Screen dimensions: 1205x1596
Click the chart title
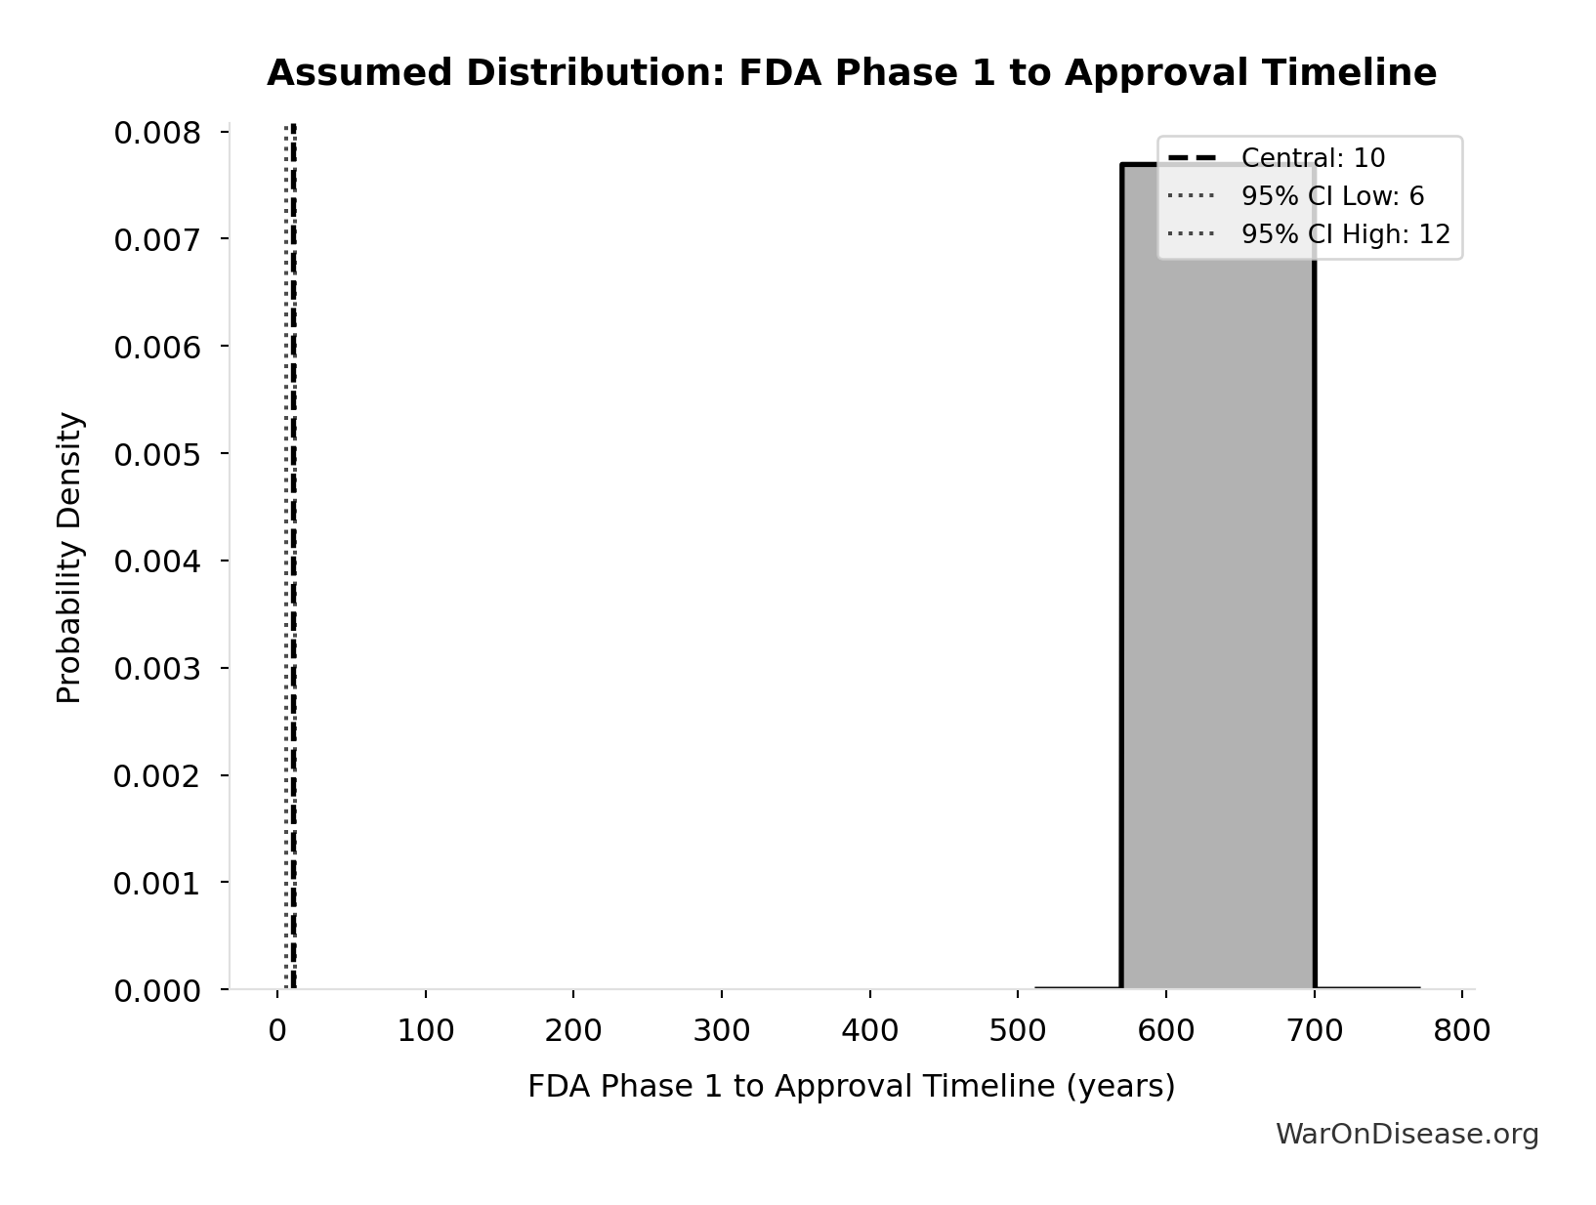[851, 73]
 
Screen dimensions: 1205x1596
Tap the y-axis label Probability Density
[69, 558]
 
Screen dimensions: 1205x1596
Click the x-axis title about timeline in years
[851, 1086]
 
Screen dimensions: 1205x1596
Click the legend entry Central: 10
[1312, 158]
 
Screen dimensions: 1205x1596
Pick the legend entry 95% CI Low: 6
[1331, 196]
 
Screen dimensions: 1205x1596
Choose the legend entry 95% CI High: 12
[1344, 234]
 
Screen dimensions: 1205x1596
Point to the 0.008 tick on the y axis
[156, 133]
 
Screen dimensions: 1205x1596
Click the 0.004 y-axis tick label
[156, 561]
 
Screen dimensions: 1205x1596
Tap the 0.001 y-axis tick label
[156, 884]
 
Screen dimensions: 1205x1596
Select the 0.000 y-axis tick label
[156, 991]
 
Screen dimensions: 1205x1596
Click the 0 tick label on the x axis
[277, 1030]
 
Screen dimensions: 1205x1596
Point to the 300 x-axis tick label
[722, 1030]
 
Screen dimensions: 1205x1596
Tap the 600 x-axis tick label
[1166, 1030]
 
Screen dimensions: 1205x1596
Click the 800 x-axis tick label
[1461, 1030]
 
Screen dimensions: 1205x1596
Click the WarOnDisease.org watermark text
[1407, 1134]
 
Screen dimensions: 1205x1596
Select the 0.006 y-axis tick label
[156, 347]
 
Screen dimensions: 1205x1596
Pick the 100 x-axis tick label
[426, 1030]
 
